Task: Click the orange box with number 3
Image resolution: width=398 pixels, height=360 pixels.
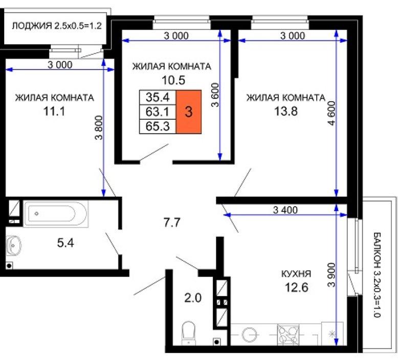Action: click(x=189, y=111)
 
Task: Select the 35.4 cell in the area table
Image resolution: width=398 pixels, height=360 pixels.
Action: click(x=158, y=97)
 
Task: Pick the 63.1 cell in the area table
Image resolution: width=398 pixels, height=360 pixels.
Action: click(x=158, y=111)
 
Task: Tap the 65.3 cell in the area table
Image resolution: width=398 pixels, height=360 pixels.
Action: click(x=158, y=126)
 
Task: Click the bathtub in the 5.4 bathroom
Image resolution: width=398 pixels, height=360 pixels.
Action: click(x=56, y=214)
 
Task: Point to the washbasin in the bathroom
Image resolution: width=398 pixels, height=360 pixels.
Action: click(x=13, y=245)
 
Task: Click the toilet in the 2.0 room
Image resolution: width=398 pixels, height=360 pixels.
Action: click(x=189, y=333)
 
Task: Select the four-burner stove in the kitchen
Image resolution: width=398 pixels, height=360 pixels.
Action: click(x=288, y=334)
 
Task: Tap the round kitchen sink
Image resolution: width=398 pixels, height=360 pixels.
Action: click(x=249, y=334)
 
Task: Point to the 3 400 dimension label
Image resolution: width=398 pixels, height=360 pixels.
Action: click(x=285, y=210)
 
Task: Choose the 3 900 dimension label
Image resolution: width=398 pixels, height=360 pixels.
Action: click(x=331, y=275)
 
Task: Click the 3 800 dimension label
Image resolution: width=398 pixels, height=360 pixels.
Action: click(x=99, y=128)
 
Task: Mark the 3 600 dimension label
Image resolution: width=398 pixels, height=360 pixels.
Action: click(x=215, y=95)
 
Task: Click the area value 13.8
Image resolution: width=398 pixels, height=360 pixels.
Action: click(x=286, y=111)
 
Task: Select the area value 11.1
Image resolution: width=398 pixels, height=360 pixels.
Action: click(x=54, y=111)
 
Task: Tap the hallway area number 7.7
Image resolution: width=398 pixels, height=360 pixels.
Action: click(x=172, y=222)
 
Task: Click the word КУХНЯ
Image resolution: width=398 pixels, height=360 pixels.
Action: click(x=296, y=274)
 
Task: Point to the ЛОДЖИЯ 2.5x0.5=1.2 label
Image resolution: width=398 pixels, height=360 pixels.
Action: click(x=57, y=26)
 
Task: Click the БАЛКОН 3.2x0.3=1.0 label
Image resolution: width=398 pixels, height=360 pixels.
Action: click(x=377, y=275)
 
